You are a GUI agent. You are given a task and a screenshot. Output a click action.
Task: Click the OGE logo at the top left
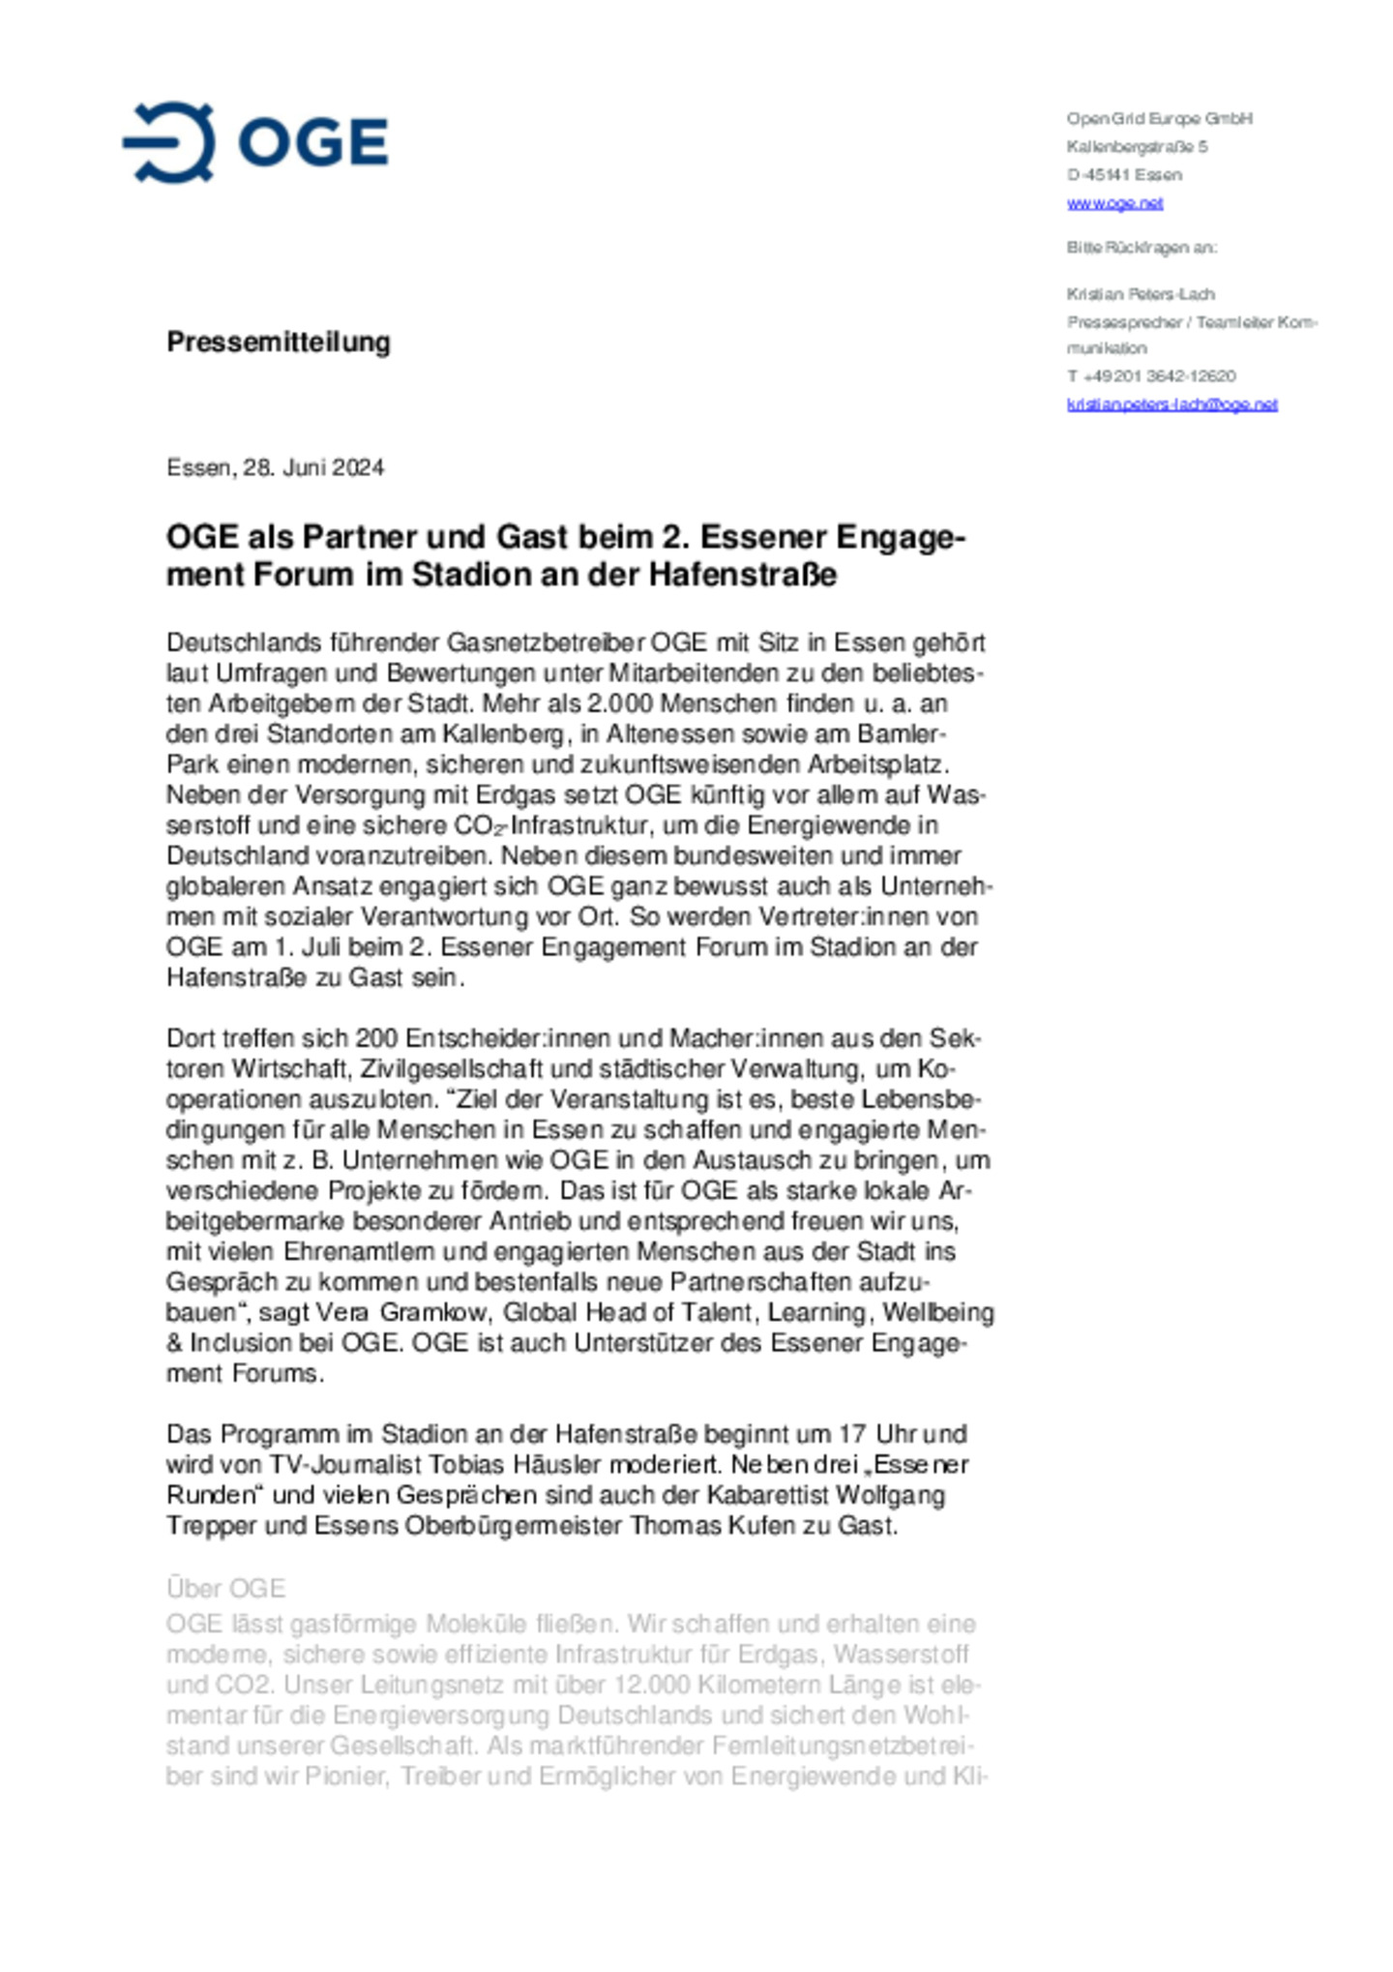click(x=255, y=142)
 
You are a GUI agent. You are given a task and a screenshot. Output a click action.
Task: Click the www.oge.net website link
click(x=1114, y=203)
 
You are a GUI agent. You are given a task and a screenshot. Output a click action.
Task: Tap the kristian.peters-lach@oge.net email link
click(x=1171, y=404)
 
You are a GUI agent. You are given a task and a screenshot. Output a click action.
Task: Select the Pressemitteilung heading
click(x=279, y=342)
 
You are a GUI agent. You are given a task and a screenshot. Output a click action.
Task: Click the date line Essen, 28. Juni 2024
click(x=275, y=468)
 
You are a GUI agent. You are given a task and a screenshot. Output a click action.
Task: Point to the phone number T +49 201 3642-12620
click(x=1151, y=376)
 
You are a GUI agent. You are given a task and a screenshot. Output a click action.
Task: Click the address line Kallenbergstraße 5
click(x=1137, y=147)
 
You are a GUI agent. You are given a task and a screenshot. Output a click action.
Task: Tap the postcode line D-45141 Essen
click(x=1124, y=175)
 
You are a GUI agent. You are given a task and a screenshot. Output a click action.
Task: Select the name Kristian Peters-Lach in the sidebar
click(x=1141, y=294)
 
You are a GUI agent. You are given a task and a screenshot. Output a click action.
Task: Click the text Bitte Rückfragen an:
click(x=1141, y=248)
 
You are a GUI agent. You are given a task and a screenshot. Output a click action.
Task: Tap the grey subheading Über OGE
click(x=225, y=1589)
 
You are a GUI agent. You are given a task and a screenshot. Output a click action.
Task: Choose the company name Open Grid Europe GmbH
click(x=1159, y=119)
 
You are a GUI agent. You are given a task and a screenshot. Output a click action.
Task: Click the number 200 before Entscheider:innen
click(x=376, y=1039)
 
